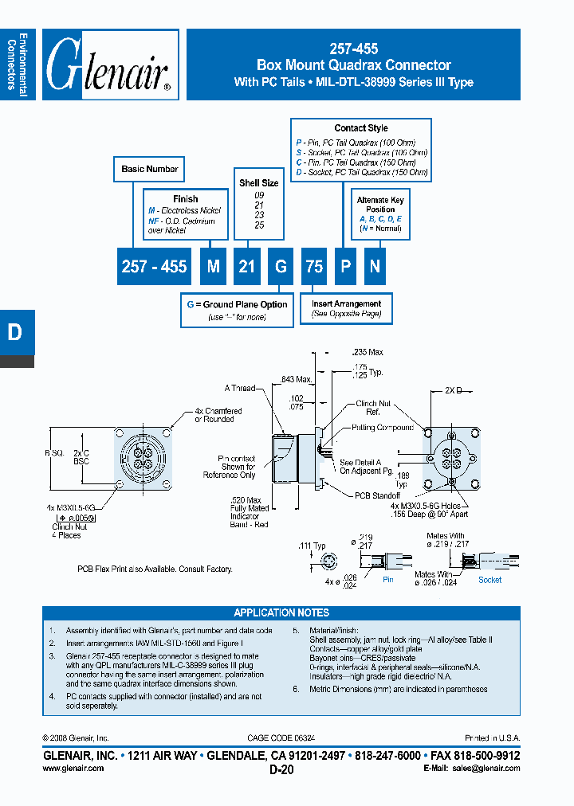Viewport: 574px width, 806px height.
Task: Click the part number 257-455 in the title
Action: click(353, 49)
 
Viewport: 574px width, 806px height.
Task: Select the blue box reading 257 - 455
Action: click(154, 267)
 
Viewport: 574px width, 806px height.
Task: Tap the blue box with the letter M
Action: click(213, 267)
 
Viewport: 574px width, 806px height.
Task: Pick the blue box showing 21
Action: click(247, 267)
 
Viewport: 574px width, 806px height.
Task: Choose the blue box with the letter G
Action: click(281, 267)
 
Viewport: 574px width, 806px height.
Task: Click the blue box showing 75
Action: click(314, 267)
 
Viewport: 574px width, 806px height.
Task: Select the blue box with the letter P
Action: click(345, 267)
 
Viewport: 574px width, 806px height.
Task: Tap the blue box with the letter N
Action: click(375, 267)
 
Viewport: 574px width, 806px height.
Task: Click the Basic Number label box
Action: click(150, 169)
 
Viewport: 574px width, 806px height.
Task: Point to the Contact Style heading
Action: click(361, 128)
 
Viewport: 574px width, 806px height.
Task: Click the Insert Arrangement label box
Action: click(346, 303)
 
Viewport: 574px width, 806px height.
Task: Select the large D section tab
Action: click(15, 332)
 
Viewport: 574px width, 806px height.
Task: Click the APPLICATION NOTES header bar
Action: click(281, 612)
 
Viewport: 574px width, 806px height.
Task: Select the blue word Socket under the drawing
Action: click(489, 580)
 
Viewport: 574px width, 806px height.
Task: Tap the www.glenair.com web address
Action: click(73, 768)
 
